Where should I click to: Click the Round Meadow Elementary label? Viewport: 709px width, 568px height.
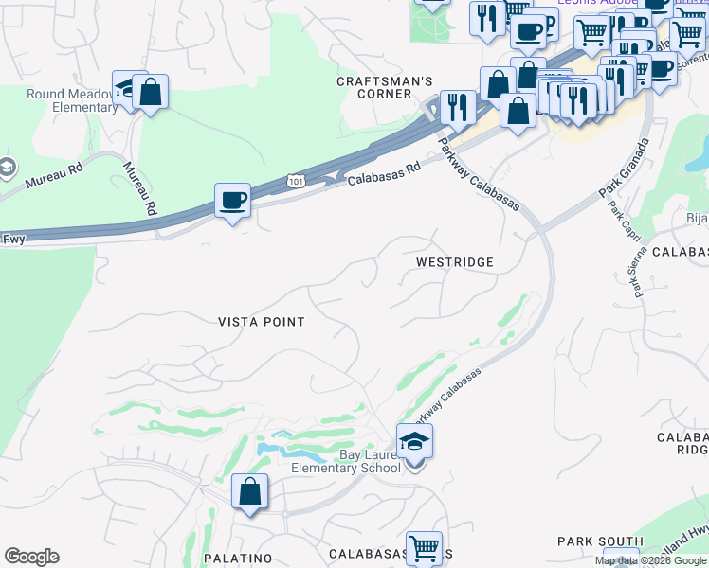click(59, 100)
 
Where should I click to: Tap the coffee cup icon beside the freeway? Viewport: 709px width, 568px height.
click(232, 202)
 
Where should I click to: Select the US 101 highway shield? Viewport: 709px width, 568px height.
click(297, 178)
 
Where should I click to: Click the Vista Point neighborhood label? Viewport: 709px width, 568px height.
click(262, 322)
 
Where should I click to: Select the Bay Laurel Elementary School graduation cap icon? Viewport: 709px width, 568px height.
click(414, 442)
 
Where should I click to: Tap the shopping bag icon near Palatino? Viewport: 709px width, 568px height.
click(249, 492)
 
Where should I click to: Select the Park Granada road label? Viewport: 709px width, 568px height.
click(625, 169)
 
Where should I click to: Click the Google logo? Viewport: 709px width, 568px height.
click(31, 557)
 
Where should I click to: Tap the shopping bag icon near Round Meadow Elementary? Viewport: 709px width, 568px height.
click(150, 93)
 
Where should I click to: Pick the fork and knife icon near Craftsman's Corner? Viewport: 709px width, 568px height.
click(458, 108)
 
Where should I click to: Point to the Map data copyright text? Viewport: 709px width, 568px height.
click(651, 560)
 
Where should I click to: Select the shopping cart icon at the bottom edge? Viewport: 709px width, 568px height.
click(424, 547)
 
